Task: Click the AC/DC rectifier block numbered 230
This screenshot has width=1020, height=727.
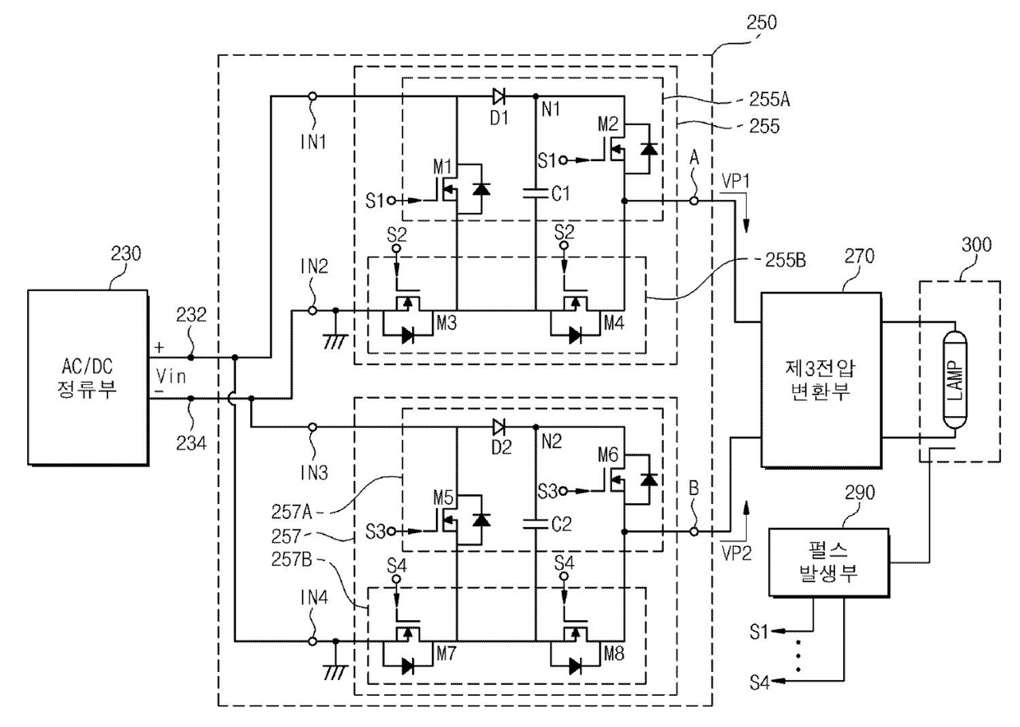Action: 88,377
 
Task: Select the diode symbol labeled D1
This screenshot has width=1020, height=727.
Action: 498,96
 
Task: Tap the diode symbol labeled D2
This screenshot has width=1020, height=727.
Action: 498,427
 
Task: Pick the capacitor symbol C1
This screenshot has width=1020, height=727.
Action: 535,193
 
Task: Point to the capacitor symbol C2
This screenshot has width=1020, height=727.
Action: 535,524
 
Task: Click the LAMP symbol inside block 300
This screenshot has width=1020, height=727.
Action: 955,380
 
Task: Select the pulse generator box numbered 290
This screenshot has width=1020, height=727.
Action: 829,563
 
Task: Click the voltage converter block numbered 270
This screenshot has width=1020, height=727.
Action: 821,380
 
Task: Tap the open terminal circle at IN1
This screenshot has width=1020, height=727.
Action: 313,96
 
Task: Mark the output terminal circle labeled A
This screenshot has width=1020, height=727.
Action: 693,201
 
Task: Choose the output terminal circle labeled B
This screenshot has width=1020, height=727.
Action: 693,531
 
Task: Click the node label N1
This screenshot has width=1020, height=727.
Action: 551,109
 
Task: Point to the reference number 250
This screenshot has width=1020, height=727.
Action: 762,22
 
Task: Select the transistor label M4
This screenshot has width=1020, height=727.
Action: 614,322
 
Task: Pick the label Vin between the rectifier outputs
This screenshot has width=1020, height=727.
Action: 171,376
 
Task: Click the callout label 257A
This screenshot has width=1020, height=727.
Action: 291,512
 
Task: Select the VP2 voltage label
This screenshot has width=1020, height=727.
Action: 736,553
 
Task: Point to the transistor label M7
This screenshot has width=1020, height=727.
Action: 446,654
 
